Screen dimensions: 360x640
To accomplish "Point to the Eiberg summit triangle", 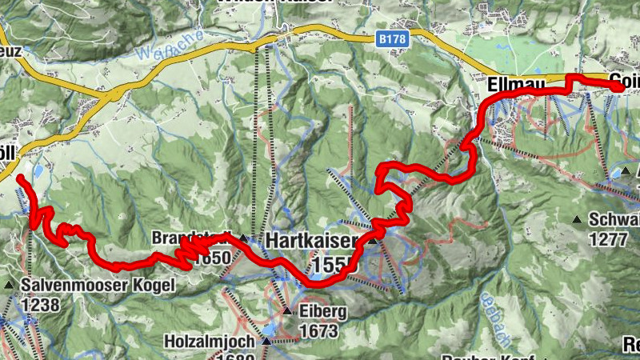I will (288, 310).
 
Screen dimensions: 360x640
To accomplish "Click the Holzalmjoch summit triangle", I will (266, 342).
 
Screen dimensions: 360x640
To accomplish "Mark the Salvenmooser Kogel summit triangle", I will (9, 285).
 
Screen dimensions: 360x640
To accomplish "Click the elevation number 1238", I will (42, 304).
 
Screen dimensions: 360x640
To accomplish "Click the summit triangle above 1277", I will (577, 219).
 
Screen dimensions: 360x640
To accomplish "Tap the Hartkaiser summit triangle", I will (372, 240).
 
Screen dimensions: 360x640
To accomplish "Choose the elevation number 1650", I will (211, 258).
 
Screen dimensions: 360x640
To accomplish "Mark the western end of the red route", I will (19, 176).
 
